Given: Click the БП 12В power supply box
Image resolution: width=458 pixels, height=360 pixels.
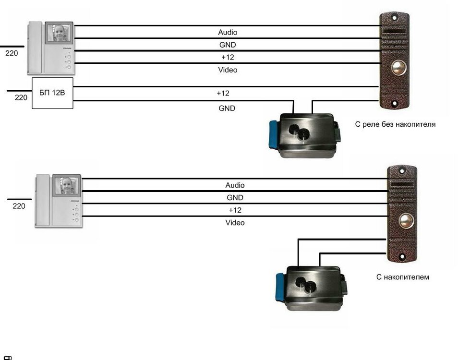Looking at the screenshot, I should point(52,93).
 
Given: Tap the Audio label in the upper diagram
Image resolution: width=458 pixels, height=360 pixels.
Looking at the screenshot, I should point(228,33).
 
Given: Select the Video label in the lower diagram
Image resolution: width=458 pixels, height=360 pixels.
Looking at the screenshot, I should point(235,223).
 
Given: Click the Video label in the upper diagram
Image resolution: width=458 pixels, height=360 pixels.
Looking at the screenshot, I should point(228,70).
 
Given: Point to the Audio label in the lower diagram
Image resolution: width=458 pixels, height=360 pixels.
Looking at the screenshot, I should point(235,185).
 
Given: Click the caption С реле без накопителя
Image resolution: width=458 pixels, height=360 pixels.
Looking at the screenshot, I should point(395,124).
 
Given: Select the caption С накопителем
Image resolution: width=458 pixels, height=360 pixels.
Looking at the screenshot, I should point(403,277).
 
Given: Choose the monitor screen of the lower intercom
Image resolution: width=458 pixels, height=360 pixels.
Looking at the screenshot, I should point(66,186).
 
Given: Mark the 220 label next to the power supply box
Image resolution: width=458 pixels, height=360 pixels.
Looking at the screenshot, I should point(21,97).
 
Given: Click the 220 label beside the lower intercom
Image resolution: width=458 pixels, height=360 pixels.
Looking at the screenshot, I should point(19,206).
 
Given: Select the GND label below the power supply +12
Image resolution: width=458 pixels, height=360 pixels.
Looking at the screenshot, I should point(227,108).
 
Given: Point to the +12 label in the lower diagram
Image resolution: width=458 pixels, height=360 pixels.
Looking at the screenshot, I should point(235,210).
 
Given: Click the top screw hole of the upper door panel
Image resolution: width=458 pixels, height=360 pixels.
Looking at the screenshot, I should point(395,18).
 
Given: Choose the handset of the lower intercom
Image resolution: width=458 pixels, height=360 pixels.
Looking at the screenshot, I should point(42,202).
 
